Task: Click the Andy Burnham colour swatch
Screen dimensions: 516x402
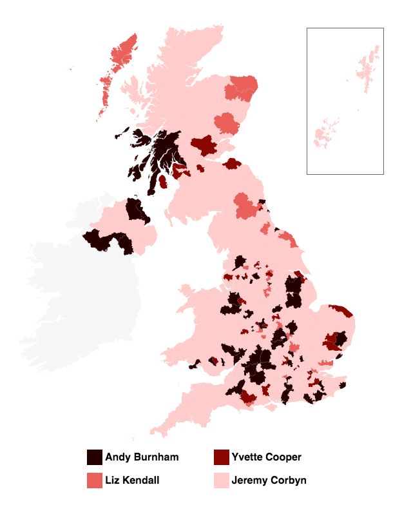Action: click(95, 457)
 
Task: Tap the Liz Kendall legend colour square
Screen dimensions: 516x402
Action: click(95, 481)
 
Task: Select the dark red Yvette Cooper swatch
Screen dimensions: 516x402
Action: click(221, 457)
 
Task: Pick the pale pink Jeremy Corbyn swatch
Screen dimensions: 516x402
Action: click(221, 481)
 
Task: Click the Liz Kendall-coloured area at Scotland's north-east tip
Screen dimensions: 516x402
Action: click(244, 87)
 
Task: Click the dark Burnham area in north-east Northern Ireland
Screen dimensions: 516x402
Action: click(136, 210)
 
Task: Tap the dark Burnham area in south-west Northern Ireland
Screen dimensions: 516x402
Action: click(103, 241)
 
